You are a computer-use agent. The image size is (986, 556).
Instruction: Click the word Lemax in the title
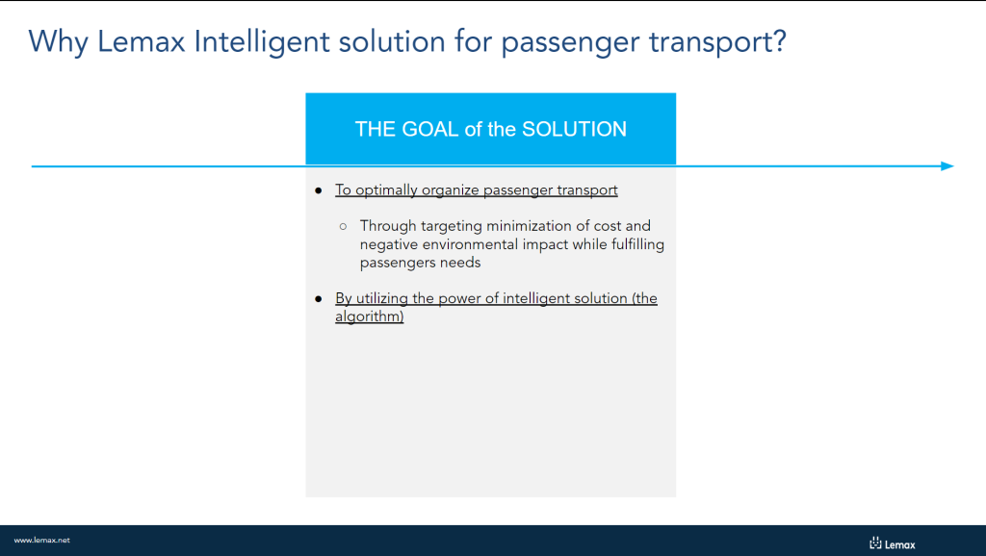coord(141,41)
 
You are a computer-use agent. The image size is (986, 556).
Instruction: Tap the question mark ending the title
coord(780,40)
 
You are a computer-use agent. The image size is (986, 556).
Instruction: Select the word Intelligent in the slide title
coord(262,42)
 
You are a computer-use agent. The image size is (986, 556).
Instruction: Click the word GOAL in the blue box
coord(430,129)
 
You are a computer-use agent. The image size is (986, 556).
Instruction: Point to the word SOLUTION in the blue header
coord(574,129)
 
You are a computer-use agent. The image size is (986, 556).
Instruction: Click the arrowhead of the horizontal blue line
coord(947,165)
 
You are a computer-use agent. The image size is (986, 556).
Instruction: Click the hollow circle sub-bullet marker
coord(343,226)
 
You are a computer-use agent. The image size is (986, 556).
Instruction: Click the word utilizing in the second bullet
coord(382,298)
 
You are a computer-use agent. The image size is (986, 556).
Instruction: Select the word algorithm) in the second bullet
coord(369,316)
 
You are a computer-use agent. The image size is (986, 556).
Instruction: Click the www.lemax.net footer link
coord(42,541)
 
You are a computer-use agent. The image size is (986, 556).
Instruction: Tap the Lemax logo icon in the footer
coord(875,543)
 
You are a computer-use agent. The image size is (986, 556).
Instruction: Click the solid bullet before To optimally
coord(318,190)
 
